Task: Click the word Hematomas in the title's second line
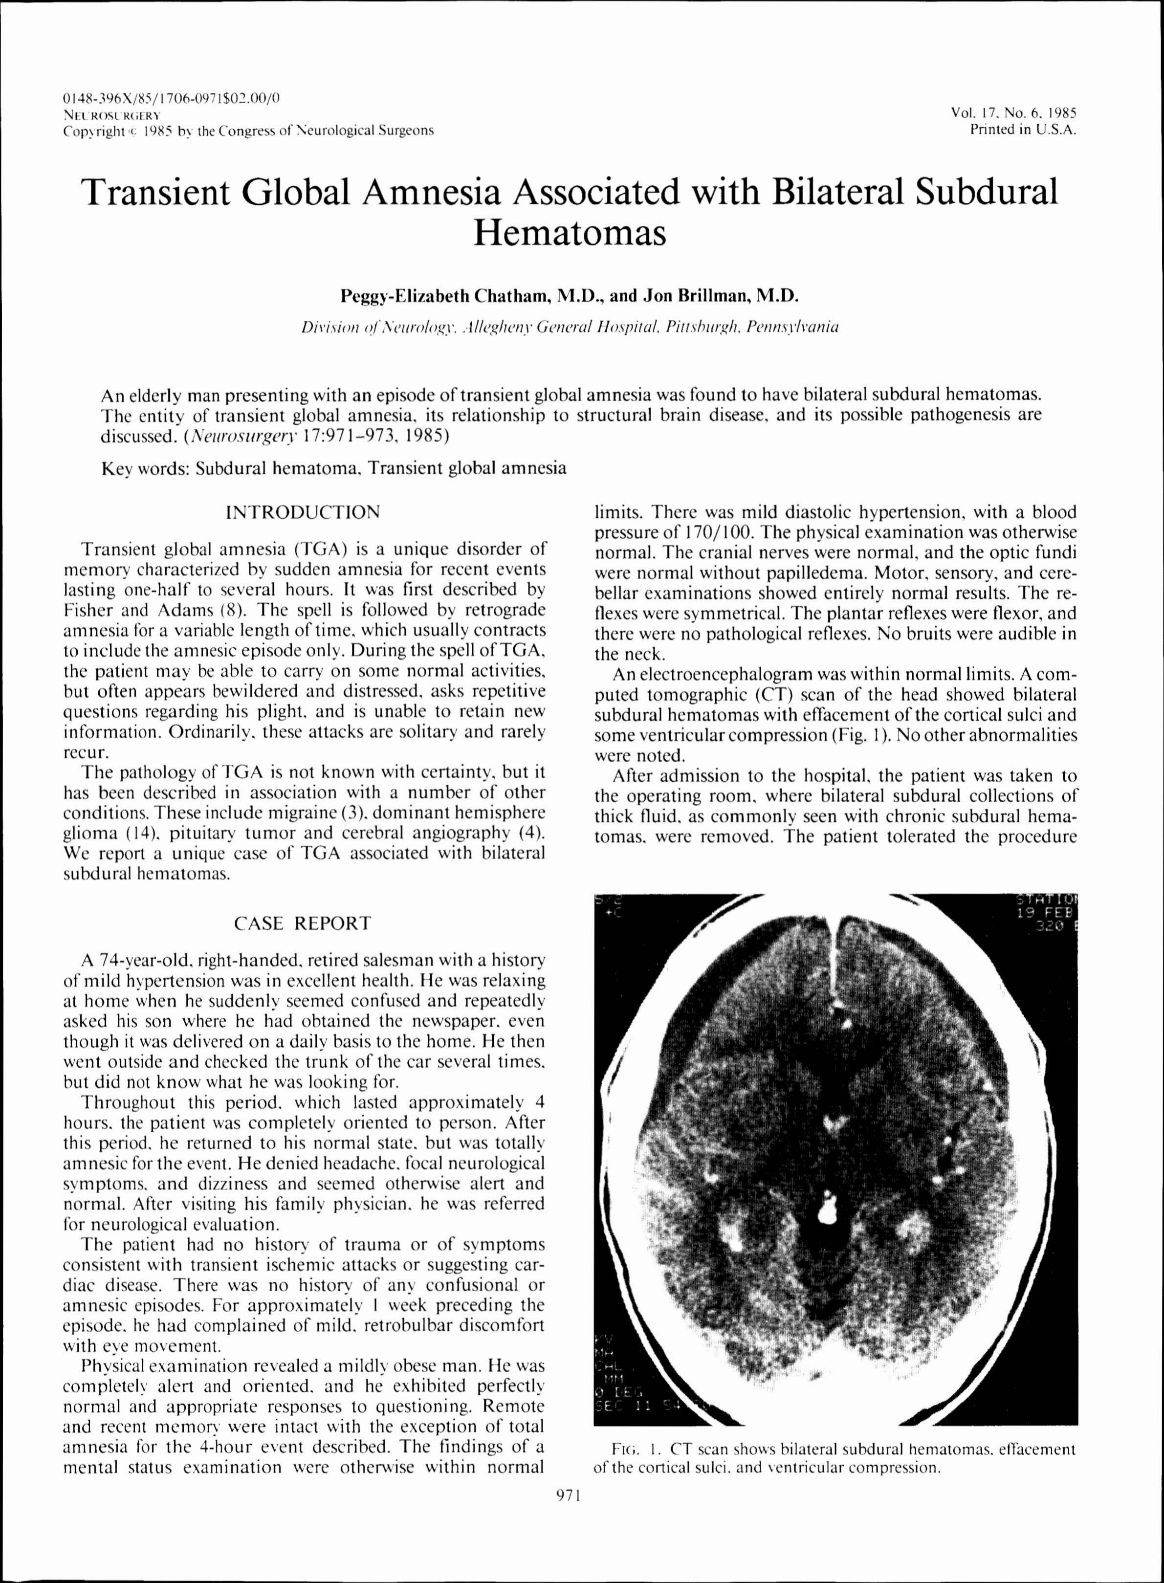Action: click(570, 233)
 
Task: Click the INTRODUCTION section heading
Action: click(302, 512)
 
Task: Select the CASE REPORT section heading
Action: click(302, 923)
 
